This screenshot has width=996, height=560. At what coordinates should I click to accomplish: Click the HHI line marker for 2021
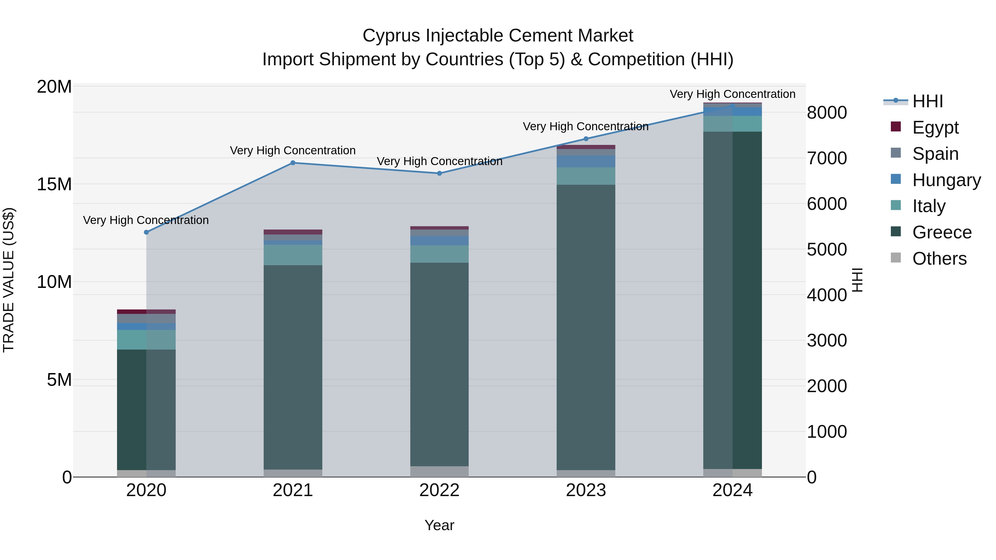[x=293, y=163]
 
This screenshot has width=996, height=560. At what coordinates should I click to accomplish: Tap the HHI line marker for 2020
[x=146, y=232]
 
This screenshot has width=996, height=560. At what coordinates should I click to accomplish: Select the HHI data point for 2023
[x=586, y=139]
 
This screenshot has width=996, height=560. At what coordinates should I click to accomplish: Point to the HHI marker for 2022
[x=439, y=173]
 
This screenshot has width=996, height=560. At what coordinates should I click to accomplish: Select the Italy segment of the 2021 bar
[x=293, y=255]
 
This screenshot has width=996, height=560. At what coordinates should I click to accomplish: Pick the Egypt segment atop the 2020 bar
[x=146, y=311]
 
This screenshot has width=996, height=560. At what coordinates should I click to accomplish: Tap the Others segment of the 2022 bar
[x=439, y=471]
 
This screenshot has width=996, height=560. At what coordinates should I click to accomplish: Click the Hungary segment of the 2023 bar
[x=586, y=162]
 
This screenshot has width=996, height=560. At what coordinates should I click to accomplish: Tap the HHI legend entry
[x=927, y=101]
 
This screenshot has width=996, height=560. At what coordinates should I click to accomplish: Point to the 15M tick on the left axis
[x=54, y=184]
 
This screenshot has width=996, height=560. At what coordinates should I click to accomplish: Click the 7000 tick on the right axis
[x=827, y=158]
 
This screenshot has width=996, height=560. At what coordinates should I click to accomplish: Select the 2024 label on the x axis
[x=732, y=490]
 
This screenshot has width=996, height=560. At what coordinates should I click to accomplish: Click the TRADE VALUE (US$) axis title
[x=9, y=280]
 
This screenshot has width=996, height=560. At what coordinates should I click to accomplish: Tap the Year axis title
[x=439, y=525]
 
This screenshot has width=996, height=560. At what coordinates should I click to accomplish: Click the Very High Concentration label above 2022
[x=439, y=161]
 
